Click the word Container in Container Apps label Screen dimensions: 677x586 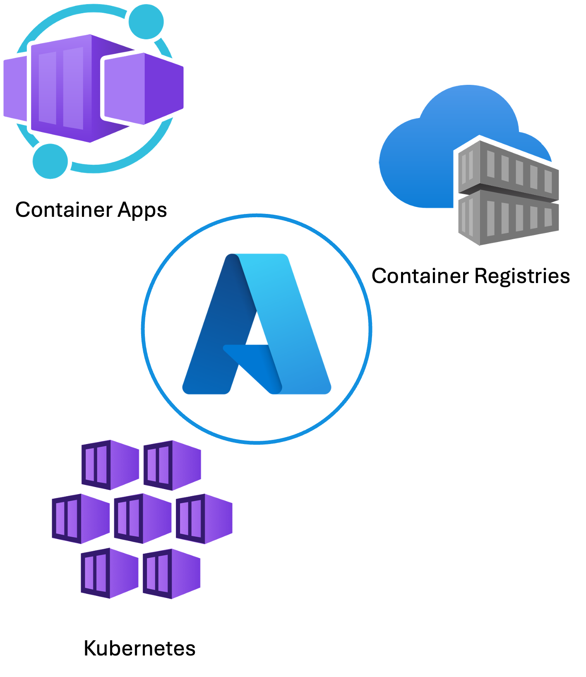coord(64,209)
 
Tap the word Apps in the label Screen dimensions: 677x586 coord(142,210)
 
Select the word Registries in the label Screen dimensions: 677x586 coord(522,276)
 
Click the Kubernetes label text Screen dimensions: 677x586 coord(139,648)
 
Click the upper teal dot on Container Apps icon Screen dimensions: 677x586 coord(146,22)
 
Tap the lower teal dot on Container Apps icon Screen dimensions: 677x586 coord(50,161)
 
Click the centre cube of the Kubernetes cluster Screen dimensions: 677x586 coord(142,518)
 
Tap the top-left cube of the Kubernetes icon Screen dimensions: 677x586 coord(110,464)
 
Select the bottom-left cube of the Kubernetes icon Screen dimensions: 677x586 coord(110,573)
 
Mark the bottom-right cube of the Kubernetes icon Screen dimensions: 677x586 coord(171,574)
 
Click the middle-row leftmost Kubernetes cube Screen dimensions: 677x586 coord(81,519)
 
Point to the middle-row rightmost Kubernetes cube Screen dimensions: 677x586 coord(204,519)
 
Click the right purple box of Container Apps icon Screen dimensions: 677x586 coord(143,88)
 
